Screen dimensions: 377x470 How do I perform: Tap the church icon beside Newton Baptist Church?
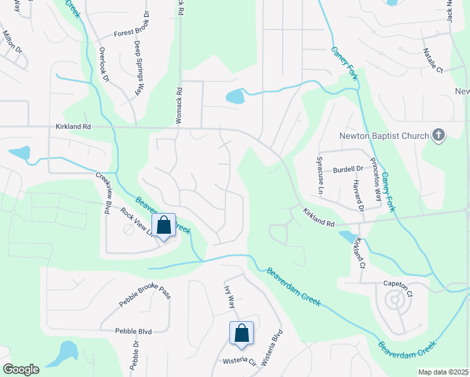coord(439,136)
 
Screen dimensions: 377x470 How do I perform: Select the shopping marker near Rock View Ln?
coord(163,226)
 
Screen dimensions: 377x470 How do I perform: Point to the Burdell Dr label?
coord(349,169)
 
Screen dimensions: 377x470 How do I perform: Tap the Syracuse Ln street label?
coord(320,175)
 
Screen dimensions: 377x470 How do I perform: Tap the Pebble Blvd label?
coord(133,331)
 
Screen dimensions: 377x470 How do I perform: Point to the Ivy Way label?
coord(229,297)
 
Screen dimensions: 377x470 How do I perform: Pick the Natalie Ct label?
coord(434,60)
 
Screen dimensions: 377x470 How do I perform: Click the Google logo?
coord(21,369)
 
